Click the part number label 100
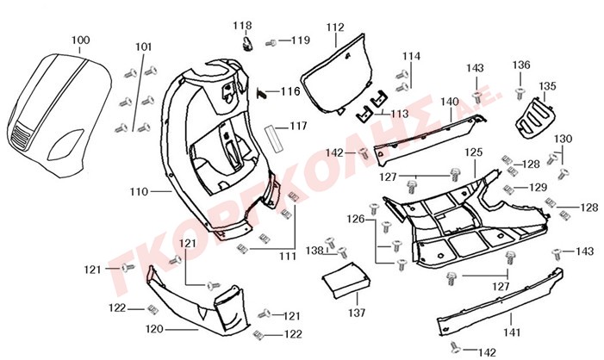tap(79, 40)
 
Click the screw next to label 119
tap(271, 41)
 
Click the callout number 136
tap(521, 65)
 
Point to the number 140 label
tap(450, 102)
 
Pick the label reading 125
tap(474, 152)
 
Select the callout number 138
tap(317, 250)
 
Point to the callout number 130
tap(563, 139)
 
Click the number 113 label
tap(400, 114)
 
